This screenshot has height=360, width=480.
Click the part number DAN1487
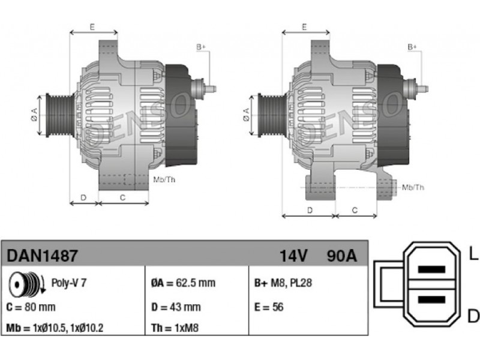tap(42, 256)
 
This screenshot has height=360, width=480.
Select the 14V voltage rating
tap(293, 256)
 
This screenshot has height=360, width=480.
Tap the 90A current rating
tap(341, 256)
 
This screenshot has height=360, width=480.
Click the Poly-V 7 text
tap(69, 283)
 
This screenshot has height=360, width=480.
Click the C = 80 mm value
tap(31, 307)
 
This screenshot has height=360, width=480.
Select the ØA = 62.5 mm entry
tap(183, 283)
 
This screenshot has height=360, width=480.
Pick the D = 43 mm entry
tap(176, 307)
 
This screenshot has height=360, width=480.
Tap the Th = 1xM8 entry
tap(175, 328)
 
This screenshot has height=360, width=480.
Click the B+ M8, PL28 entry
tap(283, 283)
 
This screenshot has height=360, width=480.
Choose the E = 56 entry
tap(269, 307)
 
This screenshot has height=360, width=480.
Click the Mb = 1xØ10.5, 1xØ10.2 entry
tap(55, 328)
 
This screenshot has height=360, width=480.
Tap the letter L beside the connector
tap(473, 254)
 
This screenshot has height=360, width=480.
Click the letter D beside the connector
tap(473, 316)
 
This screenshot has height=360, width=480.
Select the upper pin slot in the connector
tap(431, 269)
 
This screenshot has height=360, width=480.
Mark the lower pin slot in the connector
tap(431, 299)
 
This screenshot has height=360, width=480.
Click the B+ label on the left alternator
tap(201, 47)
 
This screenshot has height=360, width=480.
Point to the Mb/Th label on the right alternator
tap(413, 187)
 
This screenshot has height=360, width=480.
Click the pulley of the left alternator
tap(60, 115)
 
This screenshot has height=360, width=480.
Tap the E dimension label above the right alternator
tap(304, 27)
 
